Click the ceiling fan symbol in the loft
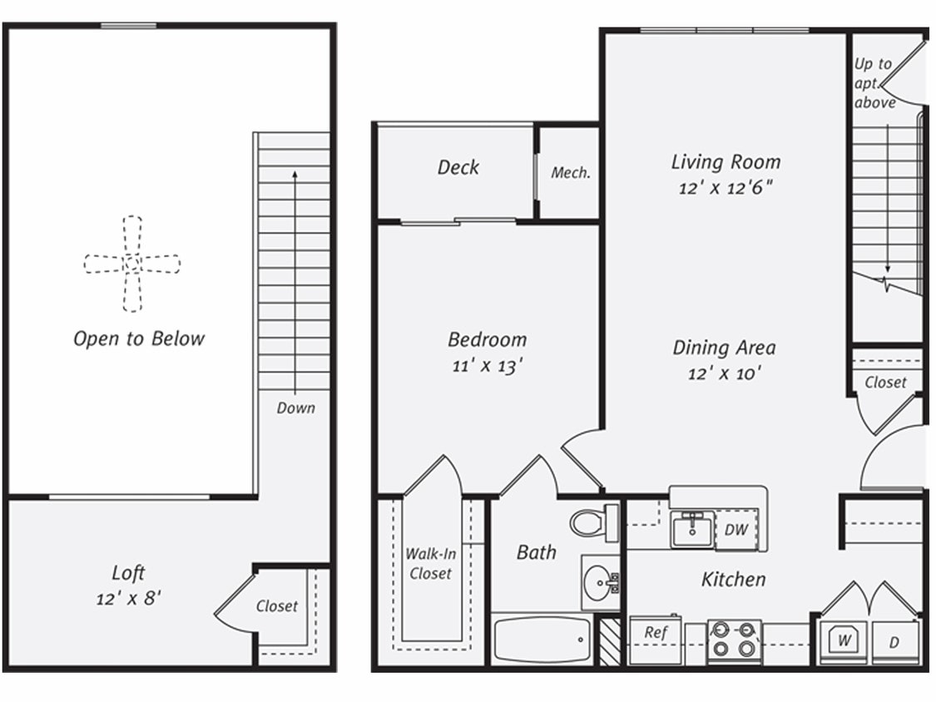coord(132,264)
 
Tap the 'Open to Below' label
coord(139,339)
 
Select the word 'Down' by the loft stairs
coord(296,408)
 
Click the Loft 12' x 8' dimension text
coord(128,598)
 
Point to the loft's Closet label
coord(276,606)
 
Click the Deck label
coord(458,167)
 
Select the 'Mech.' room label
coord(571,173)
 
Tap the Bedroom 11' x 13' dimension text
coord(487,365)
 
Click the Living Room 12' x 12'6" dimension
coord(726,188)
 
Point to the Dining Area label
coord(724,348)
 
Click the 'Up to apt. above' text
coord(874,83)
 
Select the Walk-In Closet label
coord(429,563)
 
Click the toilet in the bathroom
coord(591,522)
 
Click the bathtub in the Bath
coord(542,639)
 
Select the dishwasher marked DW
coord(735,530)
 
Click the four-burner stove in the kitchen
coord(734,640)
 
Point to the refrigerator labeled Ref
coord(656,638)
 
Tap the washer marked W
coord(844,641)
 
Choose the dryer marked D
coord(894,642)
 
